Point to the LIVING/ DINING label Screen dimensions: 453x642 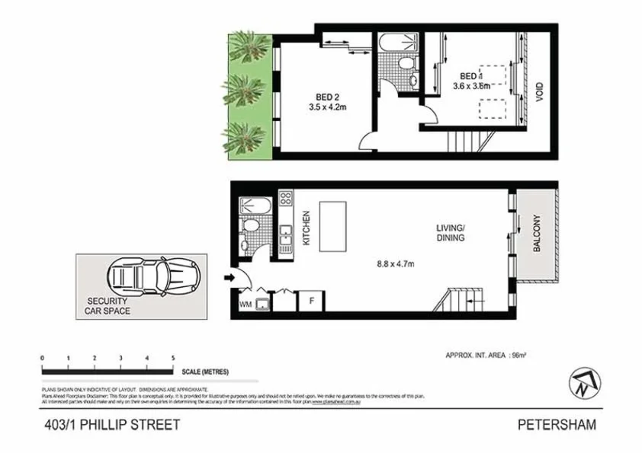450,232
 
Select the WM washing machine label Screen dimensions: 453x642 245,304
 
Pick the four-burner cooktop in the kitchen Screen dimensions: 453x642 287,199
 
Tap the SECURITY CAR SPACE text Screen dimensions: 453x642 108,306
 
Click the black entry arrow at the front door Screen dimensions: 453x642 229,278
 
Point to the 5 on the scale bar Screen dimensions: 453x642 174,358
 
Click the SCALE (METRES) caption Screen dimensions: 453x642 205,372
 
